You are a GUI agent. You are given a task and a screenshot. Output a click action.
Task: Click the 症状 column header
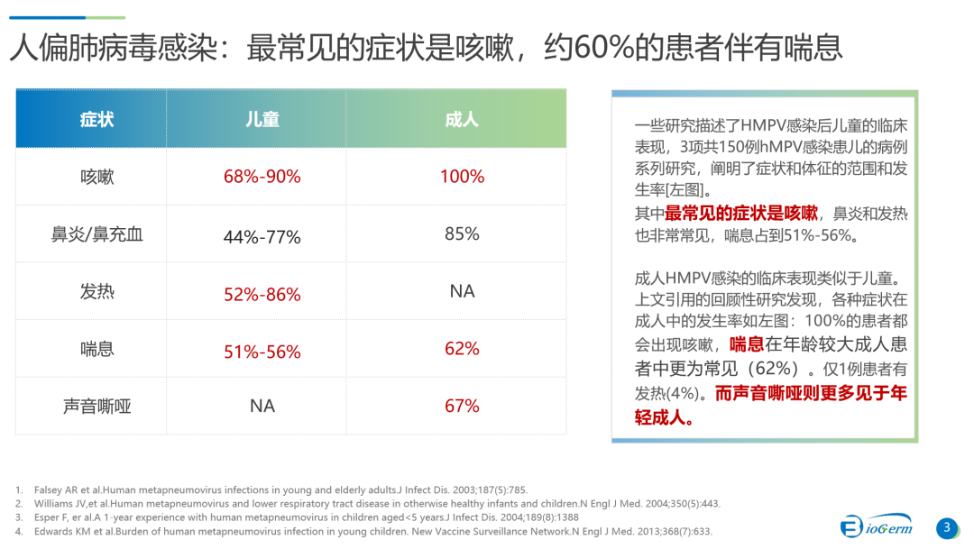pyautogui.click(x=96, y=119)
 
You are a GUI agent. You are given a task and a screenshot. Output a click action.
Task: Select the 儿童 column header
pyautogui.click(x=262, y=119)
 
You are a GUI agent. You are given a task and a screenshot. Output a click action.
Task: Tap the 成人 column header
pyautogui.click(x=461, y=119)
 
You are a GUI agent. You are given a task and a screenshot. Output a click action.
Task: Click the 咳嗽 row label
pyautogui.click(x=96, y=177)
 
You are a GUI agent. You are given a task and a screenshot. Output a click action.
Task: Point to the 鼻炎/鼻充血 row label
pyautogui.click(x=96, y=234)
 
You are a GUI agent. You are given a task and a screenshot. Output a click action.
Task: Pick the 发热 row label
pyautogui.click(x=96, y=292)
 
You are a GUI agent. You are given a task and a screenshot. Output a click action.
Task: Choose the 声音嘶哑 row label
pyautogui.click(x=96, y=407)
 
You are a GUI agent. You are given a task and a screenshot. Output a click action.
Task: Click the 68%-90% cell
pyautogui.click(x=262, y=177)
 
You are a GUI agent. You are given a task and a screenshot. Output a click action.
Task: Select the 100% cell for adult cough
pyautogui.click(x=462, y=177)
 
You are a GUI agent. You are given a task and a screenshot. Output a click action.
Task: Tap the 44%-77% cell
pyautogui.click(x=262, y=237)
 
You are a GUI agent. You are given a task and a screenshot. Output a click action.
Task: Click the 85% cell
pyautogui.click(x=462, y=234)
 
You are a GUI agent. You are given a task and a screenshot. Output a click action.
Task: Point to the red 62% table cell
pyautogui.click(x=462, y=349)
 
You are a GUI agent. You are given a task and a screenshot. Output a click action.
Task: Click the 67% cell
pyautogui.click(x=462, y=407)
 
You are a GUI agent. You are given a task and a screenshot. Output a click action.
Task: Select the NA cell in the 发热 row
pyautogui.click(x=462, y=291)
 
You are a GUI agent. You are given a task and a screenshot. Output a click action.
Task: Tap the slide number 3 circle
pyautogui.click(x=947, y=528)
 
